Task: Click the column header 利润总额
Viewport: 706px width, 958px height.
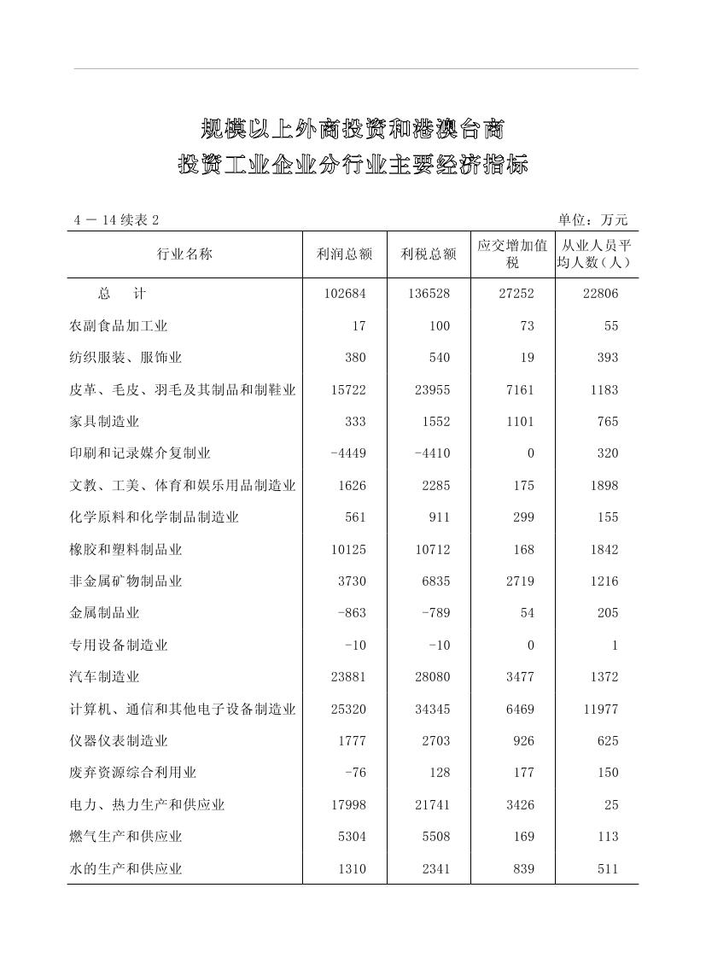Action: click(344, 254)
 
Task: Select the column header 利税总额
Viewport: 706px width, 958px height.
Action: click(429, 254)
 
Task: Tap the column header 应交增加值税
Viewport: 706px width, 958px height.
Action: click(512, 254)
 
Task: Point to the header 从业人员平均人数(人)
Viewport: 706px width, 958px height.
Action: click(596, 254)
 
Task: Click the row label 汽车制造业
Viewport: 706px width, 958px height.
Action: click(104, 677)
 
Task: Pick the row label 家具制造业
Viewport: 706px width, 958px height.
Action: click(104, 422)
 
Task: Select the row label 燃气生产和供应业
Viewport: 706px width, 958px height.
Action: click(125, 837)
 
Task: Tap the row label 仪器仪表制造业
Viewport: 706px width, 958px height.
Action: click(119, 741)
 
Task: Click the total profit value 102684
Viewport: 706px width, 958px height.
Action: click(345, 294)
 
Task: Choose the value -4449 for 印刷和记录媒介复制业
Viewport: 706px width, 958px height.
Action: click(348, 453)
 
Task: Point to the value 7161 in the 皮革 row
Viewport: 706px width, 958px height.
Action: click(519, 390)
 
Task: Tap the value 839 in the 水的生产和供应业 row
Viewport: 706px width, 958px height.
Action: click(524, 869)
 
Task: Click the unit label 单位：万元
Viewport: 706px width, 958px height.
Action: click(592, 220)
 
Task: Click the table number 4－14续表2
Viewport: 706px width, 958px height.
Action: click(116, 220)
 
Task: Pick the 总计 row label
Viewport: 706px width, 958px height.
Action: click(122, 294)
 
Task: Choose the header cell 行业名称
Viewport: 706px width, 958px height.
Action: click(184, 254)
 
